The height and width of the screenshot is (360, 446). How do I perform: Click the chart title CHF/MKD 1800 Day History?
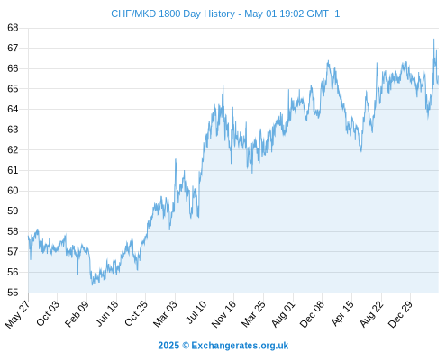coord(173,13)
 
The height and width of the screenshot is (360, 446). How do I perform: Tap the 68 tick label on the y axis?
coord(13,28)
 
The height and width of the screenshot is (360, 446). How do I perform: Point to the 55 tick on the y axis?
coord(13,292)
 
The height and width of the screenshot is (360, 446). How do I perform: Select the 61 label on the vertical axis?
coord(13,170)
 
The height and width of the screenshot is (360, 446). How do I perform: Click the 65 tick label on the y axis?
coord(13,89)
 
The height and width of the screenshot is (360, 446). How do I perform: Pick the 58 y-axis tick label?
coord(13,231)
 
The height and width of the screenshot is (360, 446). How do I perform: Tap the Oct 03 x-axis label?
coord(48,313)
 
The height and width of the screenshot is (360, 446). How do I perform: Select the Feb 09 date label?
coord(77,313)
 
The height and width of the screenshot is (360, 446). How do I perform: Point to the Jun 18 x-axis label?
coord(106,313)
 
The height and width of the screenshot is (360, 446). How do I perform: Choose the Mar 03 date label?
coord(165,313)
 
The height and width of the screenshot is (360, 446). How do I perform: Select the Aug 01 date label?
coord(283,313)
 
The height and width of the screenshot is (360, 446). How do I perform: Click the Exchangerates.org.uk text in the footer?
coord(240,346)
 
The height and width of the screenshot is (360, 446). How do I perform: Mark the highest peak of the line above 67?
coord(433,39)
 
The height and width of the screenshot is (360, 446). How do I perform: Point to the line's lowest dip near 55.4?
coord(92,284)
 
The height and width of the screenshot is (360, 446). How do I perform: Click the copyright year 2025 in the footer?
coord(168,346)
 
